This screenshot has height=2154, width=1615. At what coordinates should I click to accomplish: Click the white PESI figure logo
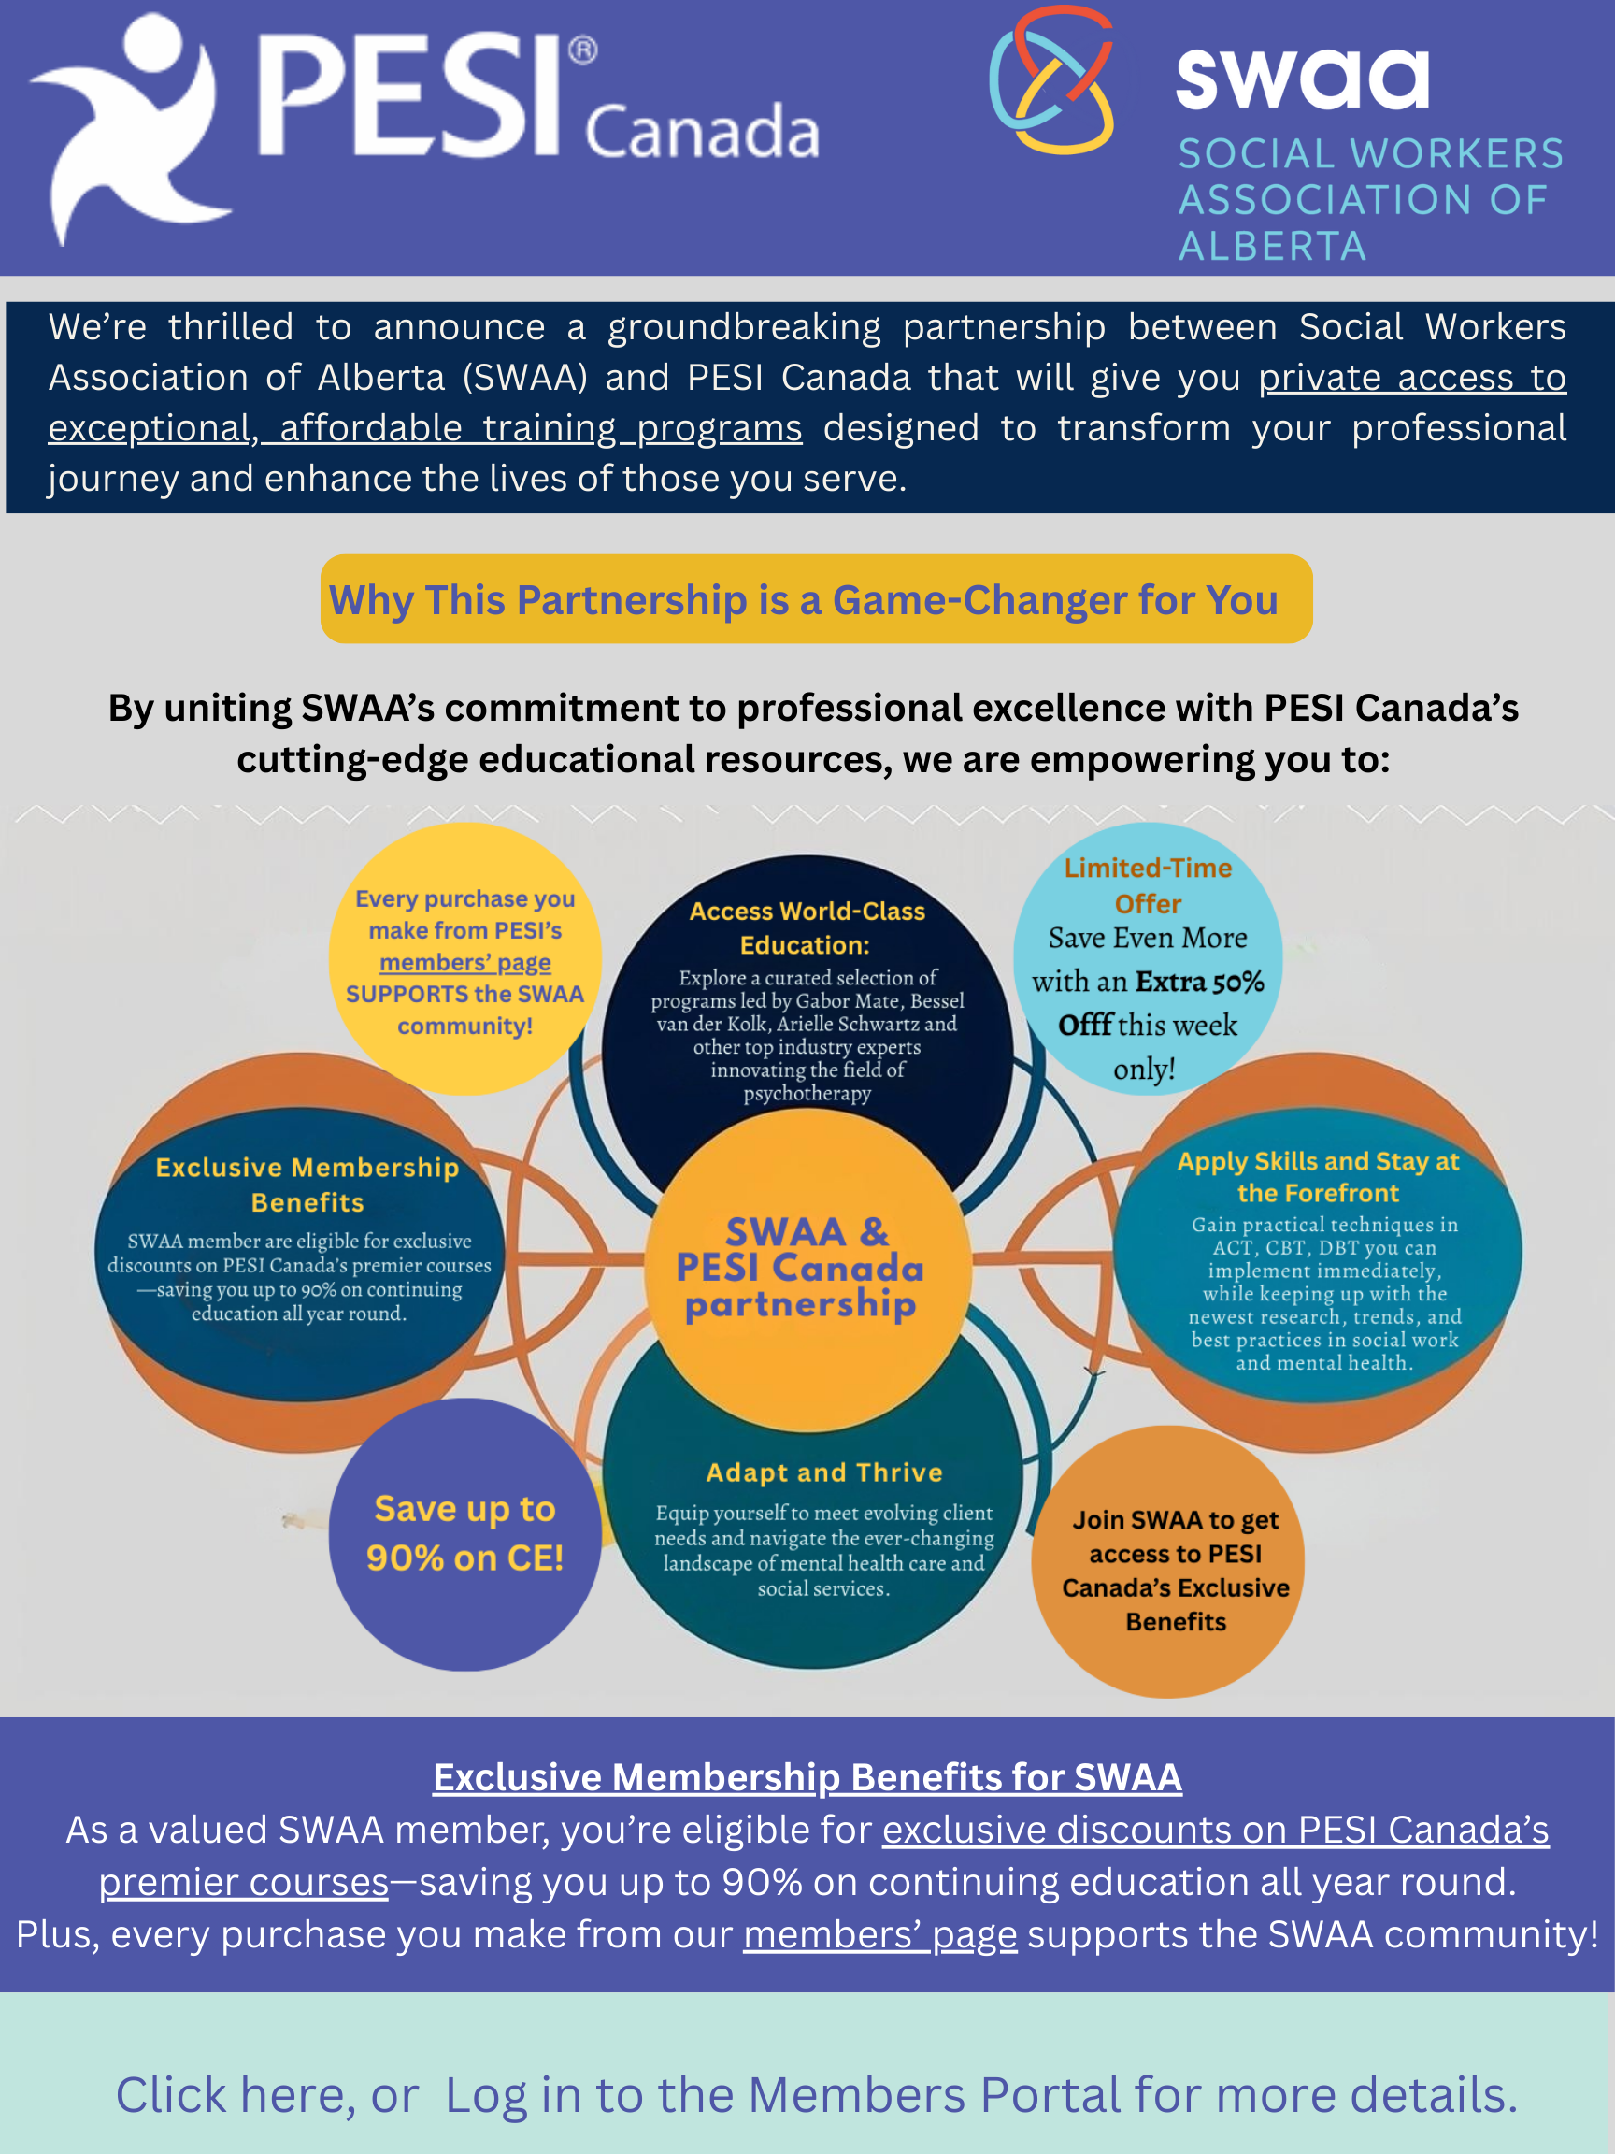click(x=132, y=126)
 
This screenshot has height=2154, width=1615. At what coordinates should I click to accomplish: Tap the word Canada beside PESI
click(x=702, y=131)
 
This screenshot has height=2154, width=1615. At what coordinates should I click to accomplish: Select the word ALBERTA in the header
click(x=1272, y=247)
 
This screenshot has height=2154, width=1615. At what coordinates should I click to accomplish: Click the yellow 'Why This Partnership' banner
click(x=816, y=599)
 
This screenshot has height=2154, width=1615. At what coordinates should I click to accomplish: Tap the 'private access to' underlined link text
click(x=1411, y=377)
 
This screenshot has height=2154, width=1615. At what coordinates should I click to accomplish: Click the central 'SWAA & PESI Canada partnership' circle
click(x=808, y=1269)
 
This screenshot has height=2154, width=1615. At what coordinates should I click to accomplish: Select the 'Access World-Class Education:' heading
click(x=807, y=927)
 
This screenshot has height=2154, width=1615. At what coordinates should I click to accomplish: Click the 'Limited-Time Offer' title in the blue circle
click(x=1148, y=885)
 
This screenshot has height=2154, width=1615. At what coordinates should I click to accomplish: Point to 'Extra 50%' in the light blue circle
click(x=1199, y=981)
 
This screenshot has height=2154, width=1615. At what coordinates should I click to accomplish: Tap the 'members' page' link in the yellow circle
click(x=465, y=962)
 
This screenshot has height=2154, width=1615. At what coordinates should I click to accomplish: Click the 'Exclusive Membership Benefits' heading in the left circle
click(x=307, y=1185)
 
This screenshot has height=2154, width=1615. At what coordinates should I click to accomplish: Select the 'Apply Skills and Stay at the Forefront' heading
click(x=1318, y=1176)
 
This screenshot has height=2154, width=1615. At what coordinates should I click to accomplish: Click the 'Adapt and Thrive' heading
click(x=824, y=1472)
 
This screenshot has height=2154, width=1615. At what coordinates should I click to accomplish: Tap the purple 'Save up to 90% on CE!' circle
click(x=464, y=1535)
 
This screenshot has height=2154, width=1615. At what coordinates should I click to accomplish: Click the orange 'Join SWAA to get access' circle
click(x=1168, y=1562)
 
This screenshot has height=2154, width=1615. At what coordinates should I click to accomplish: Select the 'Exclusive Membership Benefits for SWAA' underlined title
click(x=807, y=1777)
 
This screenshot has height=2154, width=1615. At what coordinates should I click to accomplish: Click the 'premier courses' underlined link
click(x=243, y=1882)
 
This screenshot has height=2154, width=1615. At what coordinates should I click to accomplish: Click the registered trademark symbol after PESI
click(x=582, y=50)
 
